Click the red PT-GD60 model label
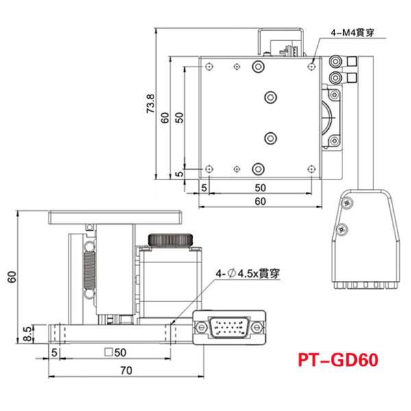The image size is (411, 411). [x=338, y=359]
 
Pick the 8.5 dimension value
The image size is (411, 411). [x=27, y=334]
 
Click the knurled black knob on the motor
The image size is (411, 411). [x=173, y=240]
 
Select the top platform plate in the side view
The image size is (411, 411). [x=115, y=218]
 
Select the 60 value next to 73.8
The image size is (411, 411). [x=164, y=116]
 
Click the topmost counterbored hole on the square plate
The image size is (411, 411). [x=258, y=66]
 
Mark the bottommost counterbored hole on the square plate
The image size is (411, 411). [x=258, y=167]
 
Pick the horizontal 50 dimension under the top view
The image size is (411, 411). [x=260, y=186]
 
